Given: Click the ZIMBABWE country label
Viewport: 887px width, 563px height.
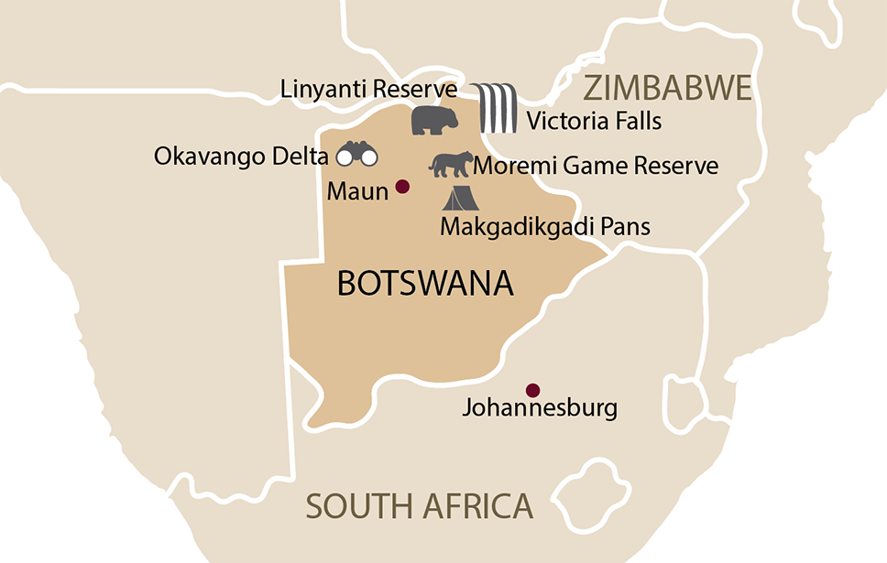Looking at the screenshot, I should (x=667, y=89).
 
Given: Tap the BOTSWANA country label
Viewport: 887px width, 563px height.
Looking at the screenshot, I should (x=425, y=283).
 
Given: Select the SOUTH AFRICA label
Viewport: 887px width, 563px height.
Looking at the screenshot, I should (x=419, y=506).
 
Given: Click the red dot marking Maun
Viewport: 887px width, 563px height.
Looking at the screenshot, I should (x=401, y=188).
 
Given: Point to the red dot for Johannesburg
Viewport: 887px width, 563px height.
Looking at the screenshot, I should (x=532, y=389).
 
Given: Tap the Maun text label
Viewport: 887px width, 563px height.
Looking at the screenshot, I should (x=357, y=193).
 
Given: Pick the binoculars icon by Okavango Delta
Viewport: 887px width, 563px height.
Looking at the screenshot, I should (x=356, y=155).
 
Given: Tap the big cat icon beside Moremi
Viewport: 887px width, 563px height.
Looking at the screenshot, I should (x=451, y=165).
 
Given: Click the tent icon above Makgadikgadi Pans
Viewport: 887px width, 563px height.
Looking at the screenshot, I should (x=461, y=197).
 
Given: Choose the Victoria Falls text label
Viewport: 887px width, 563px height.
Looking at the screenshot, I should (x=594, y=121).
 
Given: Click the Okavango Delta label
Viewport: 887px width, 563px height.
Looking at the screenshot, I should (x=240, y=157).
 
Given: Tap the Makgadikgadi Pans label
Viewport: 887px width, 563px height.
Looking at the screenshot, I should (x=545, y=226).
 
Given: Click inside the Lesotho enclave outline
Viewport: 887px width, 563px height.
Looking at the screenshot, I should (x=588, y=488).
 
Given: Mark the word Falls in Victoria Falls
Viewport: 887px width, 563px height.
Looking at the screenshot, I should (x=636, y=121).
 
